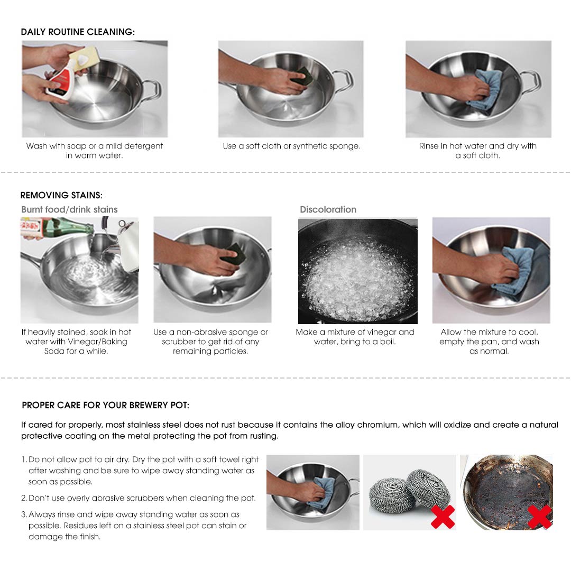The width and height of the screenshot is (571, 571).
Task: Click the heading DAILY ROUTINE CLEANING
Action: click(x=78, y=32)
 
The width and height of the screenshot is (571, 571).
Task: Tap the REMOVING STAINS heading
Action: click(x=61, y=196)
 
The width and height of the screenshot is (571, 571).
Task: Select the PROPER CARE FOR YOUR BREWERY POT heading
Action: click(x=105, y=406)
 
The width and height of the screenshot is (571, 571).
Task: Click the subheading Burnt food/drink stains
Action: click(x=69, y=209)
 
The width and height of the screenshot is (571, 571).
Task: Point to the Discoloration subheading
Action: click(x=328, y=209)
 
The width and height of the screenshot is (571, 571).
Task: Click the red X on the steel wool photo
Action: click(x=443, y=517)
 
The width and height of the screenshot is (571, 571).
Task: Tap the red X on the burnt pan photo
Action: click(x=539, y=517)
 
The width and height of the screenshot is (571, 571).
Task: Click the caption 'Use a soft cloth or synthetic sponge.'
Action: click(x=291, y=146)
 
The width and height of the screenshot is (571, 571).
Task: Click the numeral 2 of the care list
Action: click(x=24, y=498)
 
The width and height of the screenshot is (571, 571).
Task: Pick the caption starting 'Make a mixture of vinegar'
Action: click(x=355, y=337)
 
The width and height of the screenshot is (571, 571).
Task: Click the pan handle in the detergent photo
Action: click(x=152, y=88)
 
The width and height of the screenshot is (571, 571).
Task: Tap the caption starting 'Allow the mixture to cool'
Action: click(x=489, y=342)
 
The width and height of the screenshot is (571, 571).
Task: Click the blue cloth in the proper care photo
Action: click(x=322, y=492)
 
